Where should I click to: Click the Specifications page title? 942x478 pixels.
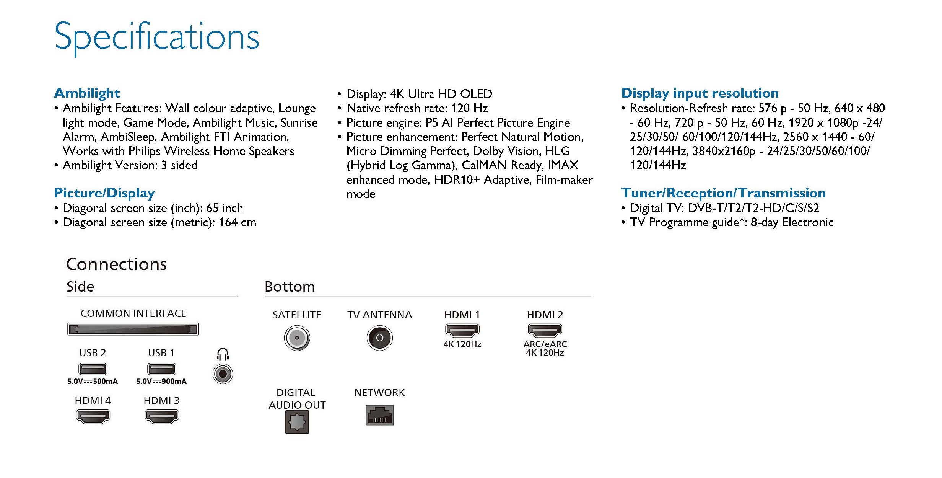(157, 38)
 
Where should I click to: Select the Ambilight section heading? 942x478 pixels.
(87, 93)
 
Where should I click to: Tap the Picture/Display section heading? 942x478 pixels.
(104, 193)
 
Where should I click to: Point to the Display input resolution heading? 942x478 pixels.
(700, 93)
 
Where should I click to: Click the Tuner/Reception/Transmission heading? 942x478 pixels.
(723, 193)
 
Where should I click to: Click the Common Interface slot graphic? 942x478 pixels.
(133, 329)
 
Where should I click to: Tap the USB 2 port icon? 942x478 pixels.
(93, 369)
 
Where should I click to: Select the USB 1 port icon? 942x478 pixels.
(161, 369)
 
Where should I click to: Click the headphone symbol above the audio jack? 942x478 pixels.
(223, 354)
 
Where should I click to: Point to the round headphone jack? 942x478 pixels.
(223, 374)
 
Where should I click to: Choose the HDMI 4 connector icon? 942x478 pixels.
(93, 416)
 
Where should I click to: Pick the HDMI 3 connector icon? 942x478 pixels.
(162, 416)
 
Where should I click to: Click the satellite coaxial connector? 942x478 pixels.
(297, 338)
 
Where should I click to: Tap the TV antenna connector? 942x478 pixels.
(379, 338)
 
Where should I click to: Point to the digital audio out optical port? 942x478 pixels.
(297, 422)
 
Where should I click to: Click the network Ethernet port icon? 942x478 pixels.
(379, 415)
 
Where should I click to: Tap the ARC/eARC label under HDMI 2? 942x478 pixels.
(545, 344)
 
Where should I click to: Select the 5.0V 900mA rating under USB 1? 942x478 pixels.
(161, 382)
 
